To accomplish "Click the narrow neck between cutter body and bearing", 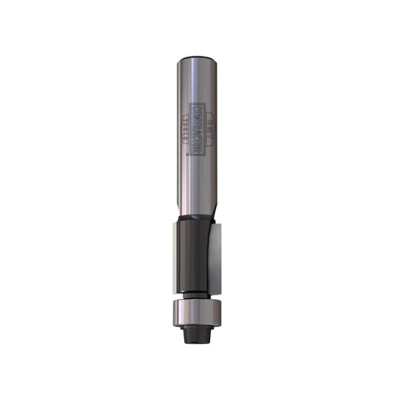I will click(x=195, y=295).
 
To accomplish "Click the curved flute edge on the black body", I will click(x=204, y=249).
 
